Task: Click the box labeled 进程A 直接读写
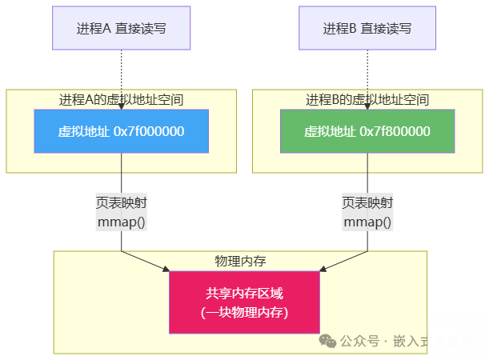point(122,29)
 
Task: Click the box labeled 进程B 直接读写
point(367,29)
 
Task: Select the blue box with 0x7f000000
point(122,131)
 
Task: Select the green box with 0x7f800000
point(367,131)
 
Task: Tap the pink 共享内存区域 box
point(244,302)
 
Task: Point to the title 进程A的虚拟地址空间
point(122,100)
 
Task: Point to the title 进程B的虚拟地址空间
point(367,100)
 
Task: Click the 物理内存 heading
point(240,262)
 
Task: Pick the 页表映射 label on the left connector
point(121,202)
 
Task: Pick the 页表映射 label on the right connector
point(367,202)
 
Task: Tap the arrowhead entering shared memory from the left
point(166,270)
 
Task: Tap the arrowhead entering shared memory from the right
point(322,270)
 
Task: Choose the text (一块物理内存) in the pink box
point(244,312)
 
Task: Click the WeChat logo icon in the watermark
point(328,340)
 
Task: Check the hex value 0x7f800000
point(395,131)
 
